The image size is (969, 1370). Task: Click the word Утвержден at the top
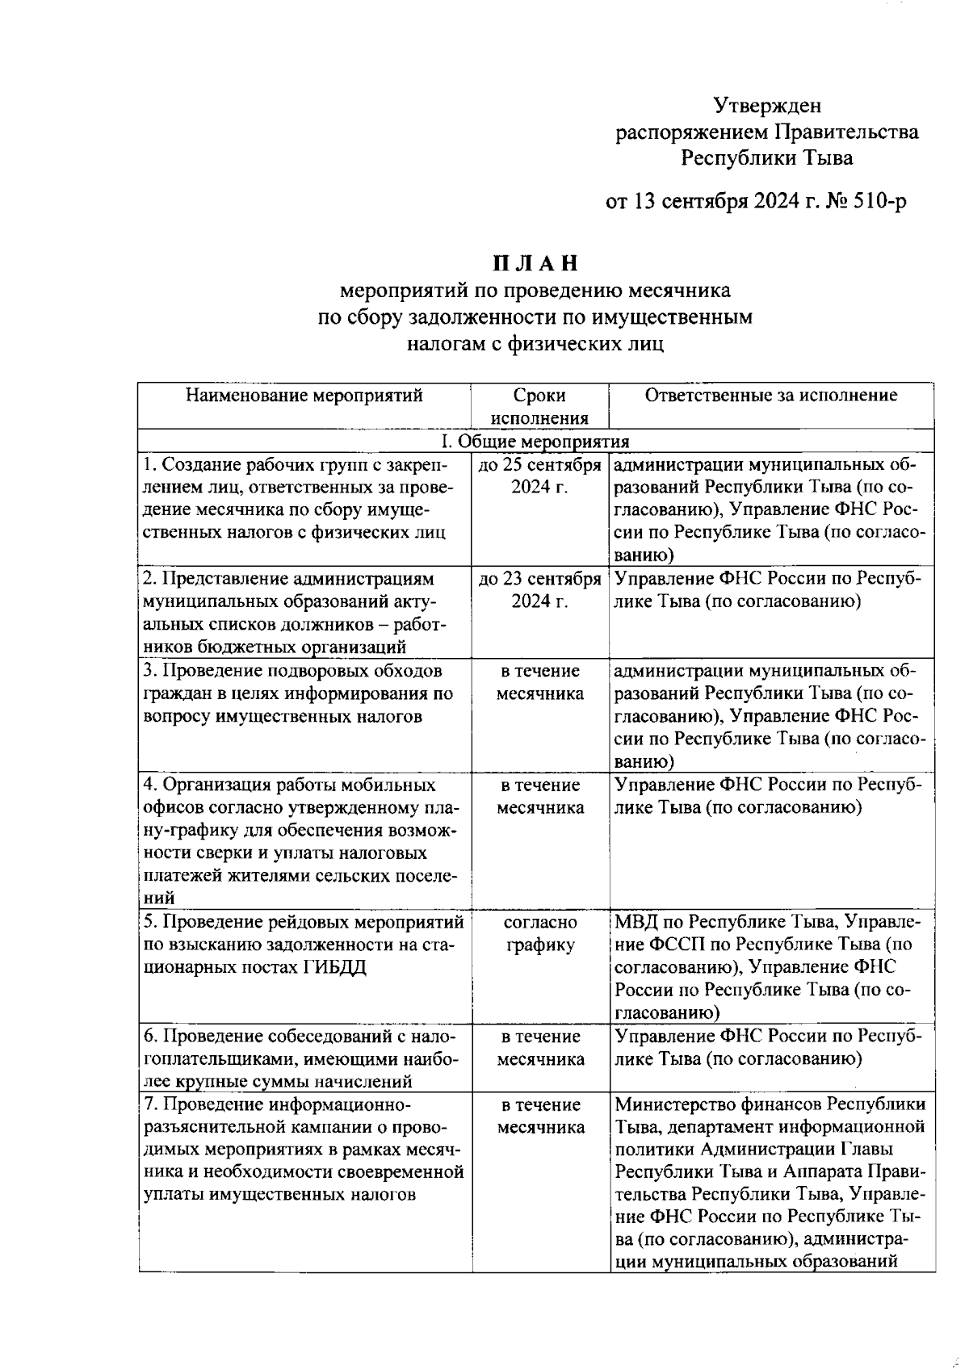(767, 105)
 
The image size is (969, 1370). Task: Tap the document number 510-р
(875, 201)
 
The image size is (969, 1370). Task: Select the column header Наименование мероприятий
(304, 396)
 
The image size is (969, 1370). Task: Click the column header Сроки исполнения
(539, 407)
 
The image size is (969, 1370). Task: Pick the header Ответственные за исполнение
(770, 396)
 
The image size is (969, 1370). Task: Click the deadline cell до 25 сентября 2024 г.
(539, 476)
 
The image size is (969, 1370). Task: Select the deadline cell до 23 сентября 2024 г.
(539, 590)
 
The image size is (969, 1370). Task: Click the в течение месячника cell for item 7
(540, 1116)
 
